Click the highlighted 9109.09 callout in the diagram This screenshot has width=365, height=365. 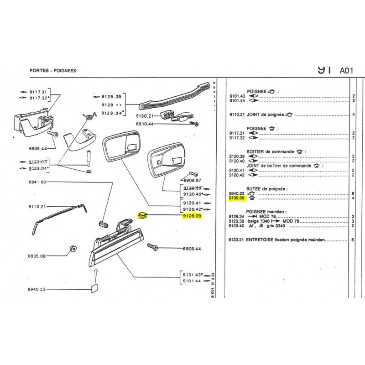click(191, 216)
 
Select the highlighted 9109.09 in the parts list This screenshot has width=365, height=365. click(237, 198)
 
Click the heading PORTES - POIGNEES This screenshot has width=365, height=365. click(52, 71)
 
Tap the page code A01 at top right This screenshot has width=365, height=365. click(346, 71)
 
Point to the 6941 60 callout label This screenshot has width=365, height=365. click(37, 182)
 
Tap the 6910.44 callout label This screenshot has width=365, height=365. click(146, 124)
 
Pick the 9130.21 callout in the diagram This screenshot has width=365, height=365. click(146, 116)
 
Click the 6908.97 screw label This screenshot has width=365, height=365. click(192, 180)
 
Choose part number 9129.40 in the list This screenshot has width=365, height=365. click(237, 225)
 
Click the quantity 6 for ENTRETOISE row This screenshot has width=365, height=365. click(353, 240)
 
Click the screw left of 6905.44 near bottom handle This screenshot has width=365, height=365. click(152, 247)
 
